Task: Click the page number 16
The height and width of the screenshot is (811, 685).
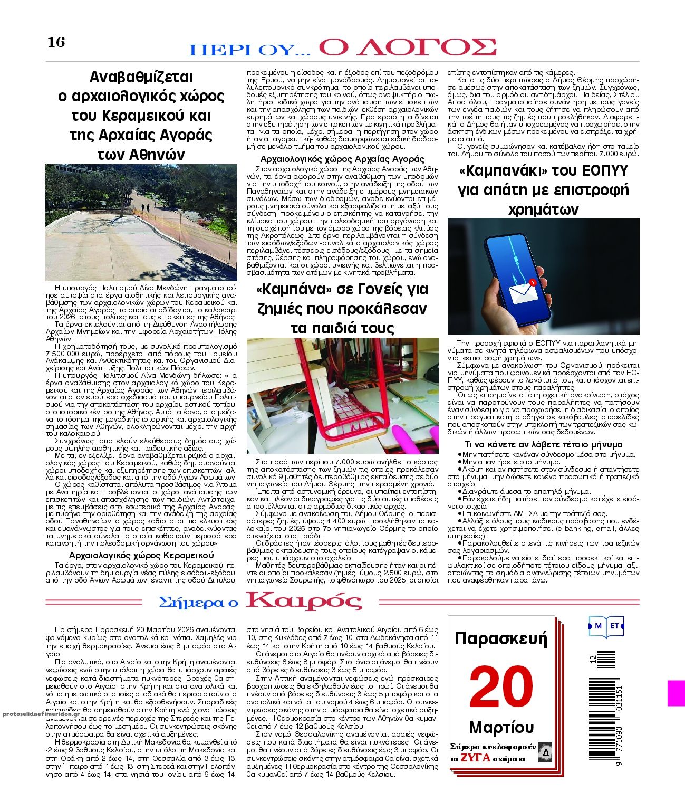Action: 56,42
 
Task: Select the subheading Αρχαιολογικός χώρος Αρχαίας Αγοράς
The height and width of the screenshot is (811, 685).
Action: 342,159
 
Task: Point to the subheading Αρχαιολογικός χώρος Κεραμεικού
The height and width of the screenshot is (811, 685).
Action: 141,555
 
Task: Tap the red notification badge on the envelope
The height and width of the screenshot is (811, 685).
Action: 533,283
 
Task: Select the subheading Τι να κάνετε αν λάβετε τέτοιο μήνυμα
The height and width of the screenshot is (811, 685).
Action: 543,444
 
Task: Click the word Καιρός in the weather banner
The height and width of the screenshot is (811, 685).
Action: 304,601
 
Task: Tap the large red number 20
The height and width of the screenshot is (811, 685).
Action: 501,686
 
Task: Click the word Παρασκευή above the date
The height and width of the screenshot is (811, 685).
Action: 501,639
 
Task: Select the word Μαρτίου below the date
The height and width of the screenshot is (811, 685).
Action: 501,728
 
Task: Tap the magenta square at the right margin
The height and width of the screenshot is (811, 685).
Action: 676,693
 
